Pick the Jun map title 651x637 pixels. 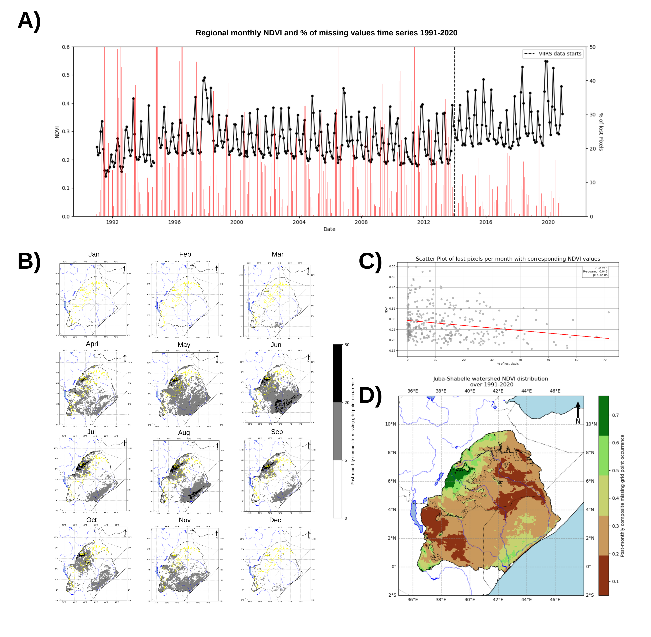point(276,345)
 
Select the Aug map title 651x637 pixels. point(184,433)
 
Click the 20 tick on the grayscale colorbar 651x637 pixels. point(347,402)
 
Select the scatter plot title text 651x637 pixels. point(507,259)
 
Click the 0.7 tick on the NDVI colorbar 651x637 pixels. point(615,415)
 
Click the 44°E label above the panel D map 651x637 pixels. point(526,391)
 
